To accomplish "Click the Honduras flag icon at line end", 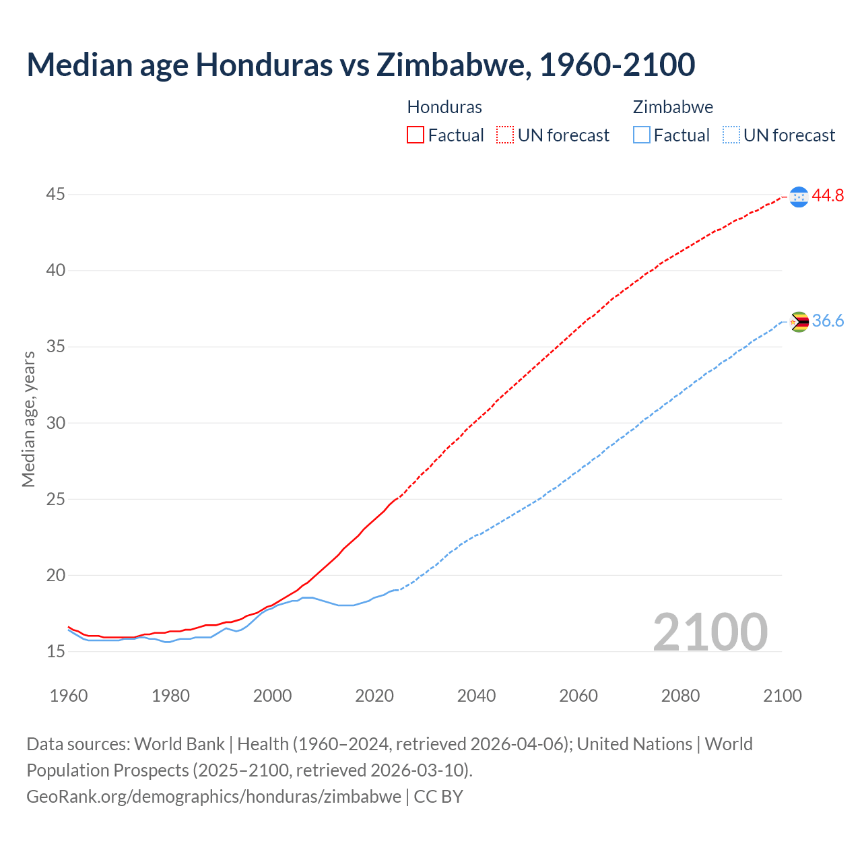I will coord(799,197).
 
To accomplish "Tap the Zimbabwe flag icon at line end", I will coord(799,322).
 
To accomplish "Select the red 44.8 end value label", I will coord(828,196).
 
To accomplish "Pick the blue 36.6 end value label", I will coord(828,321).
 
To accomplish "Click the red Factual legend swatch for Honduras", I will coord(416,135).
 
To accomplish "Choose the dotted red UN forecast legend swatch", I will coord(505,135).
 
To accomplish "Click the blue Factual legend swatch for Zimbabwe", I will coord(642,135).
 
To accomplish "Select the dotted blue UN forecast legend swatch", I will coord(731,135).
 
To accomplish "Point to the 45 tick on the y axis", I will coord(55,195).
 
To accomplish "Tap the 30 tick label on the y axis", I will coord(55,424).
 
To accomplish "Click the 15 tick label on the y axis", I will coord(55,652).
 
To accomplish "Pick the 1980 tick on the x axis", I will coord(170,696).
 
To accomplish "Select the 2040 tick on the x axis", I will coord(476,696).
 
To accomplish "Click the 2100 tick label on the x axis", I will coord(782,696).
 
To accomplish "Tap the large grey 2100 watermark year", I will coord(710,632).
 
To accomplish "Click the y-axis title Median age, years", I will coord(28,419).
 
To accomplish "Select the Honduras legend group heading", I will coord(444,107).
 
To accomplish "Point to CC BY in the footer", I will coord(438,797).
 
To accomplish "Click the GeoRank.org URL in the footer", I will coord(213,797).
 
